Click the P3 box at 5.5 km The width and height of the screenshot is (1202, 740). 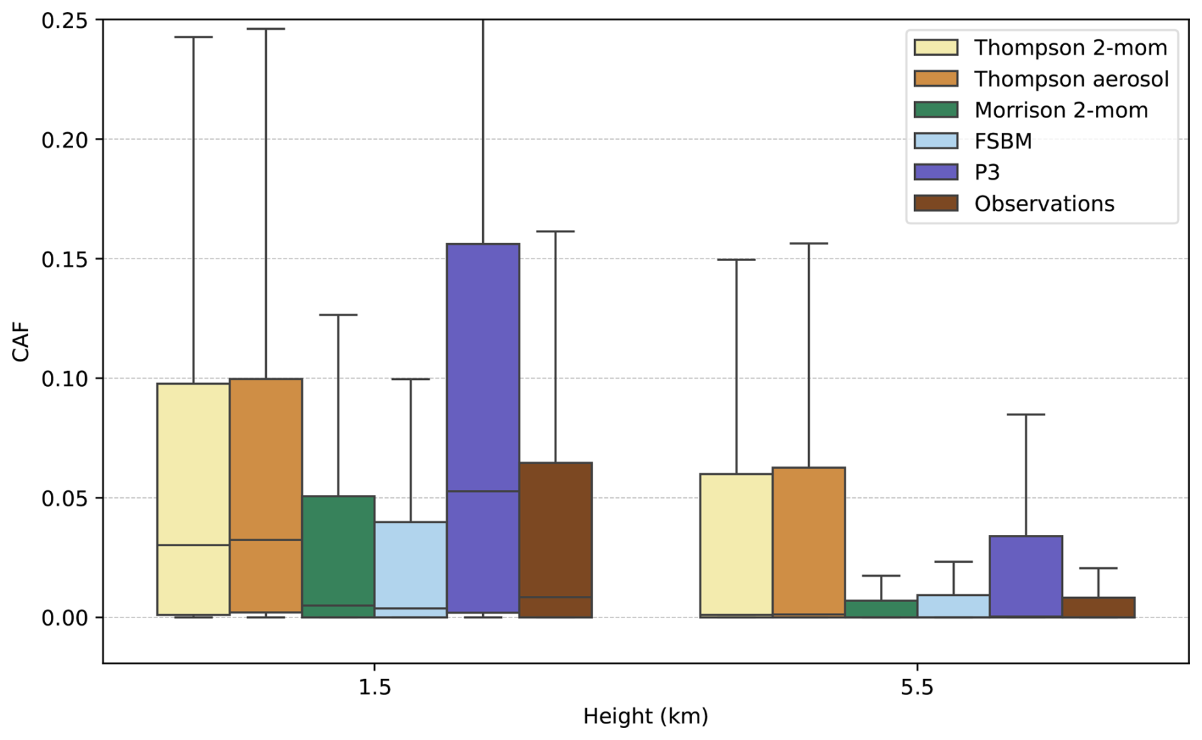click(1025, 575)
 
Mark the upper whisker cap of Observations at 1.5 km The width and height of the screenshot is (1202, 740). click(555, 231)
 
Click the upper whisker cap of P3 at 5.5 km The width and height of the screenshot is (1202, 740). click(1025, 414)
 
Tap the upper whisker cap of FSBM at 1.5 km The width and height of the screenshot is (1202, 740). click(410, 379)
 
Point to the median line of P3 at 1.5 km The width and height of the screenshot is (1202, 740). click(483, 491)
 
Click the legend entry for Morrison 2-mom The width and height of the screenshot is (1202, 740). click(1061, 110)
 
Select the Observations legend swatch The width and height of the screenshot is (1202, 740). click(936, 203)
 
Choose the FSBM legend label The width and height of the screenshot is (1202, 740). click(1003, 141)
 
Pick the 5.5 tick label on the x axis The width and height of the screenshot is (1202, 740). click(917, 687)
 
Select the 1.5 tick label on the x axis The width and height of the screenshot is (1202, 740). click(374, 687)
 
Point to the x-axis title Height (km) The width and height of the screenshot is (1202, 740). click(645, 716)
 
